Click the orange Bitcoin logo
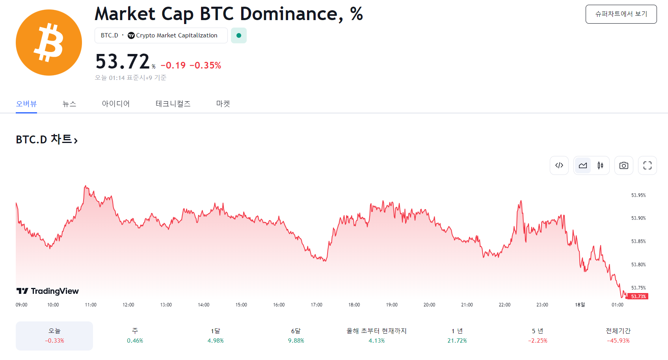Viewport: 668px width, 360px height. pyautogui.click(x=49, y=43)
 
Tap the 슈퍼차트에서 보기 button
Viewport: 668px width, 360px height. pyautogui.click(x=621, y=14)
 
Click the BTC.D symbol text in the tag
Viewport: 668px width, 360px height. pyautogui.click(x=110, y=35)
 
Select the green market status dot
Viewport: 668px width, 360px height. pyautogui.click(x=238, y=35)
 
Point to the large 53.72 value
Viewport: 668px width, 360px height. pyautogui.click(x=123, y=62)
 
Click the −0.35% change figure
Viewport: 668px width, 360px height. pyautogui.click(x=205, y=65)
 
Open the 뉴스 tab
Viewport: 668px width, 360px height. pyautogui.click(x=69, y=104)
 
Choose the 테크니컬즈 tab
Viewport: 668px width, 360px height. pyautogui.click(x=173, y=104)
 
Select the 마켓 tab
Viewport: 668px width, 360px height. pyautogui.click(x=223, y=104)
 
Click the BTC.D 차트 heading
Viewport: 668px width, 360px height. pyautogui.click(x=47, y=139)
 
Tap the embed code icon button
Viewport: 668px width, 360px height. pyautogui.click(x=559, y=165)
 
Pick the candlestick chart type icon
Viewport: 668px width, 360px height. pyautogui.click(x=600, y=165)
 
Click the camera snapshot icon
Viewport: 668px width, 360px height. pyautogui.click(x=623, y=165)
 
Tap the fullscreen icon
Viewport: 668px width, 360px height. pyautogui.click(x=647, y=165)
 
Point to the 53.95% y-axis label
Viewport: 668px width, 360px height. pyautogui.click(x=638, y=195)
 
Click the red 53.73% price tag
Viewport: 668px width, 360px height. pyautogui.click(x=638, y=297)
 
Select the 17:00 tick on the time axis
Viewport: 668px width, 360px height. pyautogui.click(x=316, y=305)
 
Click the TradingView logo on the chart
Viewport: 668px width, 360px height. pyautogui.click(x=48, y=291)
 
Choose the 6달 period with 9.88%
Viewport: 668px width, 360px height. pyautogui.click(x=296, y=336)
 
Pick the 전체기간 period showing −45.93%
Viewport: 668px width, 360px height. pyautogui.click(x=618, y=336)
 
